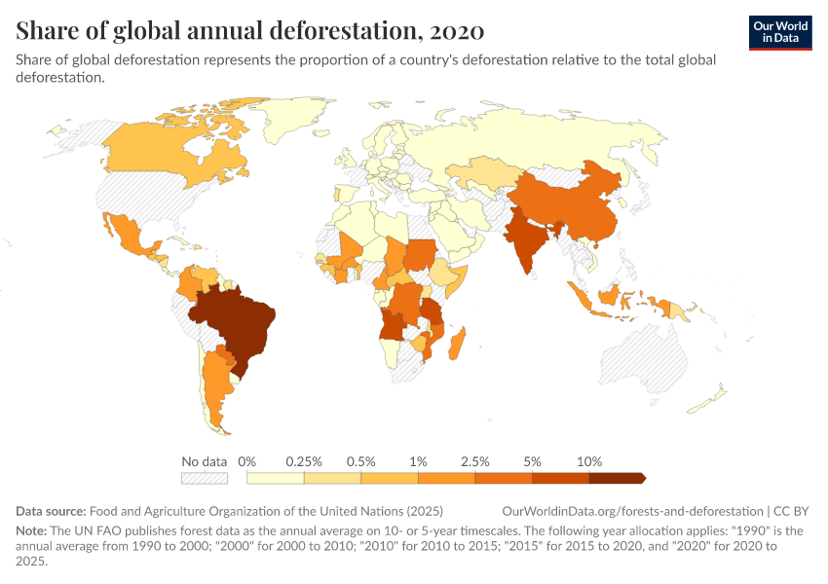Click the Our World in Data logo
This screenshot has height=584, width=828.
click(780, 31)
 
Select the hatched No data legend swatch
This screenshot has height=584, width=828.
click(204, 478)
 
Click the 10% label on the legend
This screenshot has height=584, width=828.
click(589, 461)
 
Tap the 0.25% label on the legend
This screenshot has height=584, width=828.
click(304, 461)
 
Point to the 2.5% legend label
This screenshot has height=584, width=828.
click(475, 461)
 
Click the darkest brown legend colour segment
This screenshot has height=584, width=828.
click(617, 478)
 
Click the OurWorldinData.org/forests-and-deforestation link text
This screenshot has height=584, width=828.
click(632, 511)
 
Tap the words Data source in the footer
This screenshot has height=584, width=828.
click(51, 511)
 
